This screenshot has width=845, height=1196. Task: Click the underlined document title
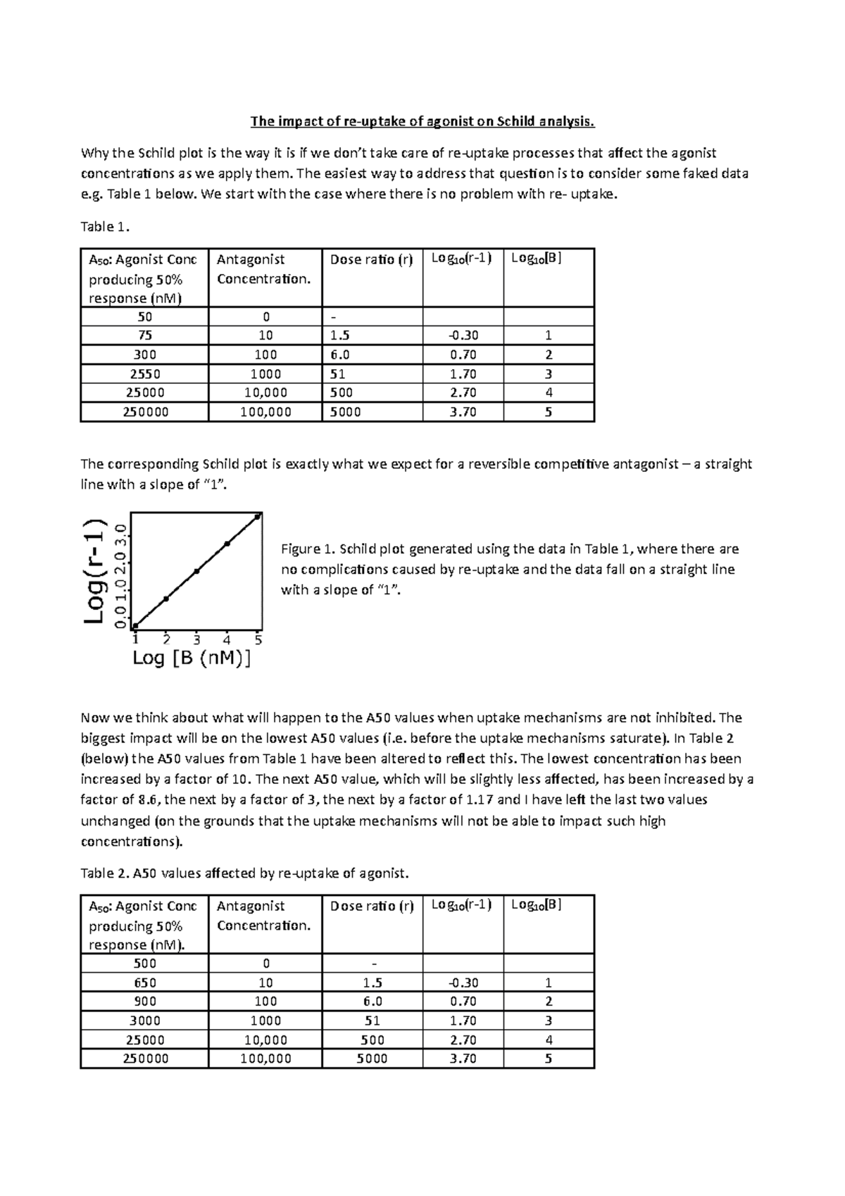[423, 122]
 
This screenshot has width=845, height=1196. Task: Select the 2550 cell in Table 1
[144, 374]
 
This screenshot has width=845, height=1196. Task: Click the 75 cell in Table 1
[144, 335]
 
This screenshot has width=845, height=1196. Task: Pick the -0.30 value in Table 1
[463, 335]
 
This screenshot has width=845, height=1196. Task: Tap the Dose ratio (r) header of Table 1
[371, 259]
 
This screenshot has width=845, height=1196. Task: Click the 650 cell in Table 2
[144, 983]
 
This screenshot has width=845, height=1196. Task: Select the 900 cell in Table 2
[144, 1002]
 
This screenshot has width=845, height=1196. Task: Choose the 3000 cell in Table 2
[144, 1021]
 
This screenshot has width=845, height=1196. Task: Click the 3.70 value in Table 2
[463, 1059]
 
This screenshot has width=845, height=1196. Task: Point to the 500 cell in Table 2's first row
[144, 964]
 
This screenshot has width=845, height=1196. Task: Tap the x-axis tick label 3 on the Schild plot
[196, 640]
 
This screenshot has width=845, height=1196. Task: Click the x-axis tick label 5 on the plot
[258, 640]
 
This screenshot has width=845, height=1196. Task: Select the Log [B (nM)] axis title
[192, 659]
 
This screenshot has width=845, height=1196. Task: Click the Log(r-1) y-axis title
[94, 571]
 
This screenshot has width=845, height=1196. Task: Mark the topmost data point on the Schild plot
[258, 516]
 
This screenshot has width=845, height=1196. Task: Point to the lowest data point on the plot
[135, 626]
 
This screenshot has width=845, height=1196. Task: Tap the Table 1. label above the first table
[106, 226]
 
